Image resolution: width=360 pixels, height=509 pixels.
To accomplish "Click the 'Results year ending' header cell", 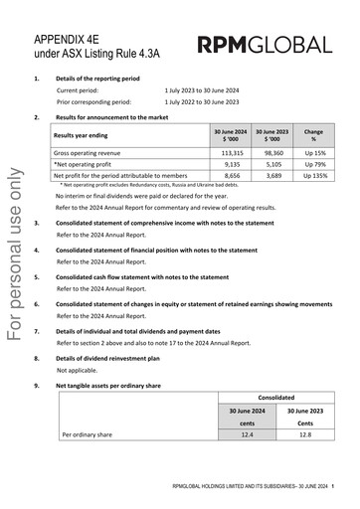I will [85, 134].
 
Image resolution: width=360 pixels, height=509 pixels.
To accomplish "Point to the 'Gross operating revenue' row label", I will [90, 154].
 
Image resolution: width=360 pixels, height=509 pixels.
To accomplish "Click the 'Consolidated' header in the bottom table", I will [276, 396].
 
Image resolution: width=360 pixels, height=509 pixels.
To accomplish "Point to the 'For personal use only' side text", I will [15, 253].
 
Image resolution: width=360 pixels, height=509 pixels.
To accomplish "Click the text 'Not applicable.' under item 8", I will [76, 369].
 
